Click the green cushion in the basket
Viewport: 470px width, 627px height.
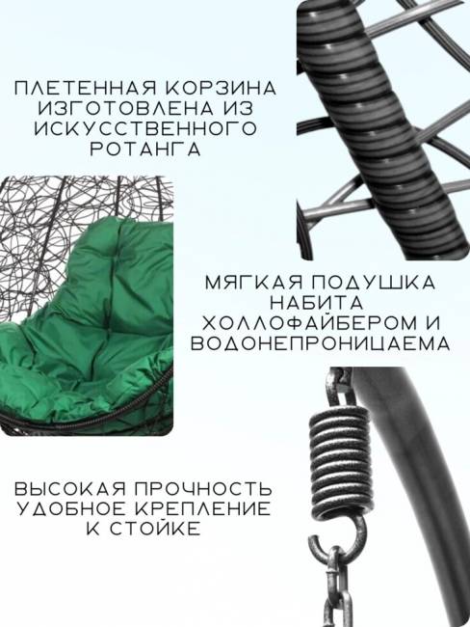96,328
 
